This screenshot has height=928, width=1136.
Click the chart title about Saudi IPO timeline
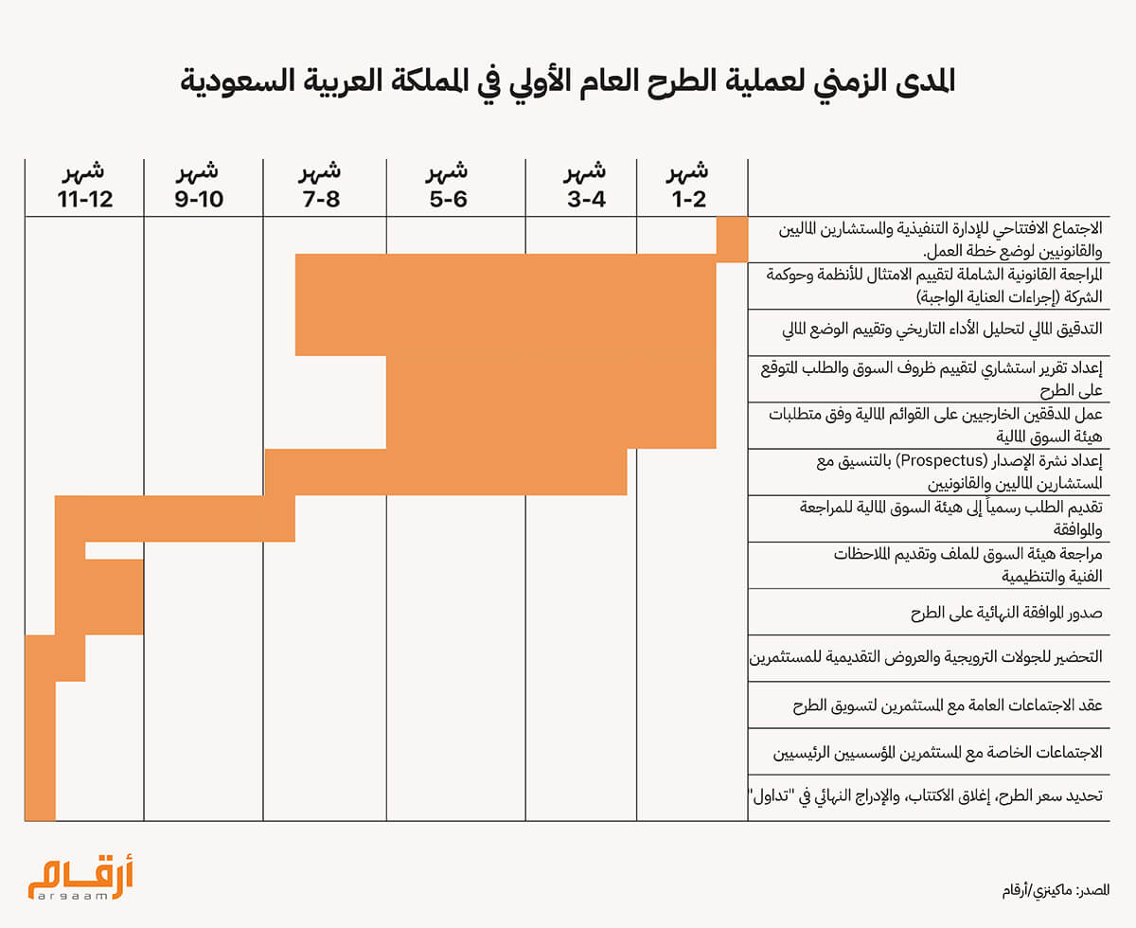pos(568,81)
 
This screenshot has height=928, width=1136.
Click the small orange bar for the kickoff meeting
pos(732,239)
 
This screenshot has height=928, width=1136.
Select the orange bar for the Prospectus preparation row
pos(445,472)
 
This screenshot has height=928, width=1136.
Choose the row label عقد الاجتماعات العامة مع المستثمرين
pos(947,705)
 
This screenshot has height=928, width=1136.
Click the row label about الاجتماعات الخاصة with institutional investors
pos(937,753)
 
